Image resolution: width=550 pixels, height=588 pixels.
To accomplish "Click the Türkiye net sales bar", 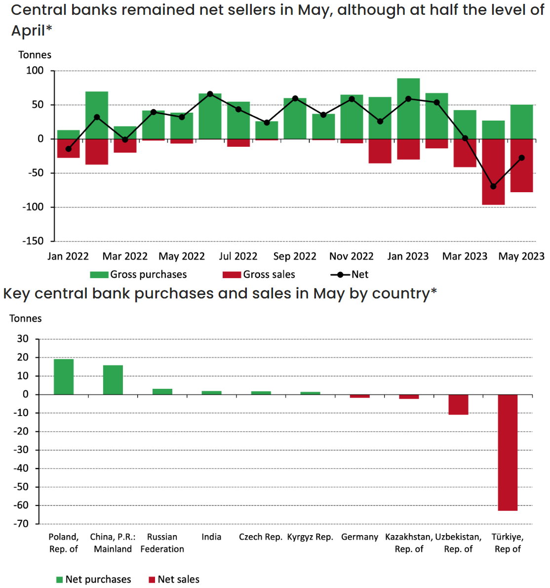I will (x=508, y=452).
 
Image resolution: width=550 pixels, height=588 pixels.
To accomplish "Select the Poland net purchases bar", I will (x=64, y=377).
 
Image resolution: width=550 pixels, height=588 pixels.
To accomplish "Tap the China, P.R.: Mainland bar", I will (x=113, y=379).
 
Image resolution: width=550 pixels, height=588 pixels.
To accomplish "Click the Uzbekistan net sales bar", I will (x=458, y=404).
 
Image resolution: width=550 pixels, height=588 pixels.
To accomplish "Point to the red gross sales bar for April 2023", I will (x=493, y=171).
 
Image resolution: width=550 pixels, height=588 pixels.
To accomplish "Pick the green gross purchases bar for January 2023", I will (x=408, y=108).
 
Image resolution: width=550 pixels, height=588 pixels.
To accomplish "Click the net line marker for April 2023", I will (x=493, y=186).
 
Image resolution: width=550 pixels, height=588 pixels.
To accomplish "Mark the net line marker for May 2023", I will (x=521, y=158).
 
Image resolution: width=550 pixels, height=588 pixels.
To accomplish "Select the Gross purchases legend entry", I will (x=139, y=274).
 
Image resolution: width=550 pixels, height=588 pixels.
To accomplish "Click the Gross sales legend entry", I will (x=259, y=274).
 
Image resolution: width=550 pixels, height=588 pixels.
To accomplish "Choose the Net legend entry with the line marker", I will (x=350, y=274).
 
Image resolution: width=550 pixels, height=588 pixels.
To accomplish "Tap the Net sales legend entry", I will (x=174, y=579).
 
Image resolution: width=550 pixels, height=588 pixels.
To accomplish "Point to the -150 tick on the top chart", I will (x=33, y=241).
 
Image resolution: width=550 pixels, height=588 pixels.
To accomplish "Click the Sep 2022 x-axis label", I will (x=295, y=256).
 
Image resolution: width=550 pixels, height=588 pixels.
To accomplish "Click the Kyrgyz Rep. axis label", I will (x=310, y=537).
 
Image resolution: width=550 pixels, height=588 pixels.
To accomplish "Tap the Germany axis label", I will (x=359, y=537).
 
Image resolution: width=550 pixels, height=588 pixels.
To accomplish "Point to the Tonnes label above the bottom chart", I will (x=26, y=319).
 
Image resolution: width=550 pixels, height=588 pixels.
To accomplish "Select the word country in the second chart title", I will (x=401, y=294).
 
